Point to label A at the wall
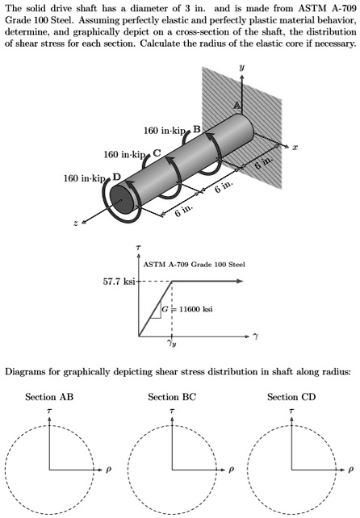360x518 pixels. pos(237,107)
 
